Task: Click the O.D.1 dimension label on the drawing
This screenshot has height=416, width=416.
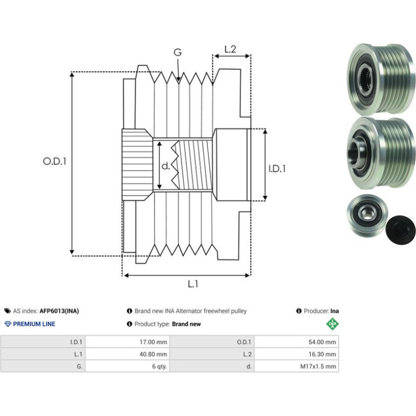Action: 55,161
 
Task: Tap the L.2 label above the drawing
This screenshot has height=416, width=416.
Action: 230,49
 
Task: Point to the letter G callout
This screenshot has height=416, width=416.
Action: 178,52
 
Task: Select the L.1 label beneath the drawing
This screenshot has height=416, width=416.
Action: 193,284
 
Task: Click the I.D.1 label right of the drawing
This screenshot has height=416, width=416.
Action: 277,169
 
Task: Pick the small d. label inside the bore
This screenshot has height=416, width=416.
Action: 165,166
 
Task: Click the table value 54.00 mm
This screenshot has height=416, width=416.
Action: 322,342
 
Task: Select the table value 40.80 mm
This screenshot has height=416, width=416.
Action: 153,354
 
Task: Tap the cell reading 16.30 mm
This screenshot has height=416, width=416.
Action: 322,354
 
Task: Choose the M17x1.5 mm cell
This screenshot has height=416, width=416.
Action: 318,366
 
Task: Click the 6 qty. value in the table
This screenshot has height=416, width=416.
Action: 159,366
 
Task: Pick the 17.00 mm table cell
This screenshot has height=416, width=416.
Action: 153,342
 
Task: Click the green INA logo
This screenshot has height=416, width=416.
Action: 332,324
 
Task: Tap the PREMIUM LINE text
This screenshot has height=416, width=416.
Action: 34,324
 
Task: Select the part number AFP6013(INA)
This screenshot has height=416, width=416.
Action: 59,311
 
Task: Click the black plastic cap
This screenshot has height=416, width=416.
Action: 400,230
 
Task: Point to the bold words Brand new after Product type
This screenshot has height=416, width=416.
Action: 186,324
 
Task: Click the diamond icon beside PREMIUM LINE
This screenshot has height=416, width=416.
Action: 8,324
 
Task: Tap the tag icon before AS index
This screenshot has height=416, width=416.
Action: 8,311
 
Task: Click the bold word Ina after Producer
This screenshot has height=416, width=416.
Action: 334,311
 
